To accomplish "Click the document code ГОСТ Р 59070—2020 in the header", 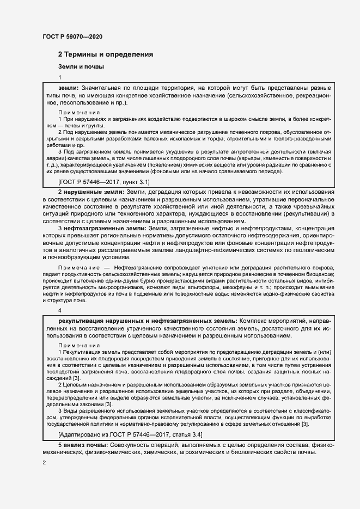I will click(72, 36).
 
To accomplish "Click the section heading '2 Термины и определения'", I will click(106, 54).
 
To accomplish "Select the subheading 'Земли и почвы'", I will click(81, 67).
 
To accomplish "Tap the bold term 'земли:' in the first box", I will click(69, 87).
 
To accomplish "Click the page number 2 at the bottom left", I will click(44, 462).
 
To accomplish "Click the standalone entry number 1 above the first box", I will click(60, 77).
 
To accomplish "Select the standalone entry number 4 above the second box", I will click(60, 310).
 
